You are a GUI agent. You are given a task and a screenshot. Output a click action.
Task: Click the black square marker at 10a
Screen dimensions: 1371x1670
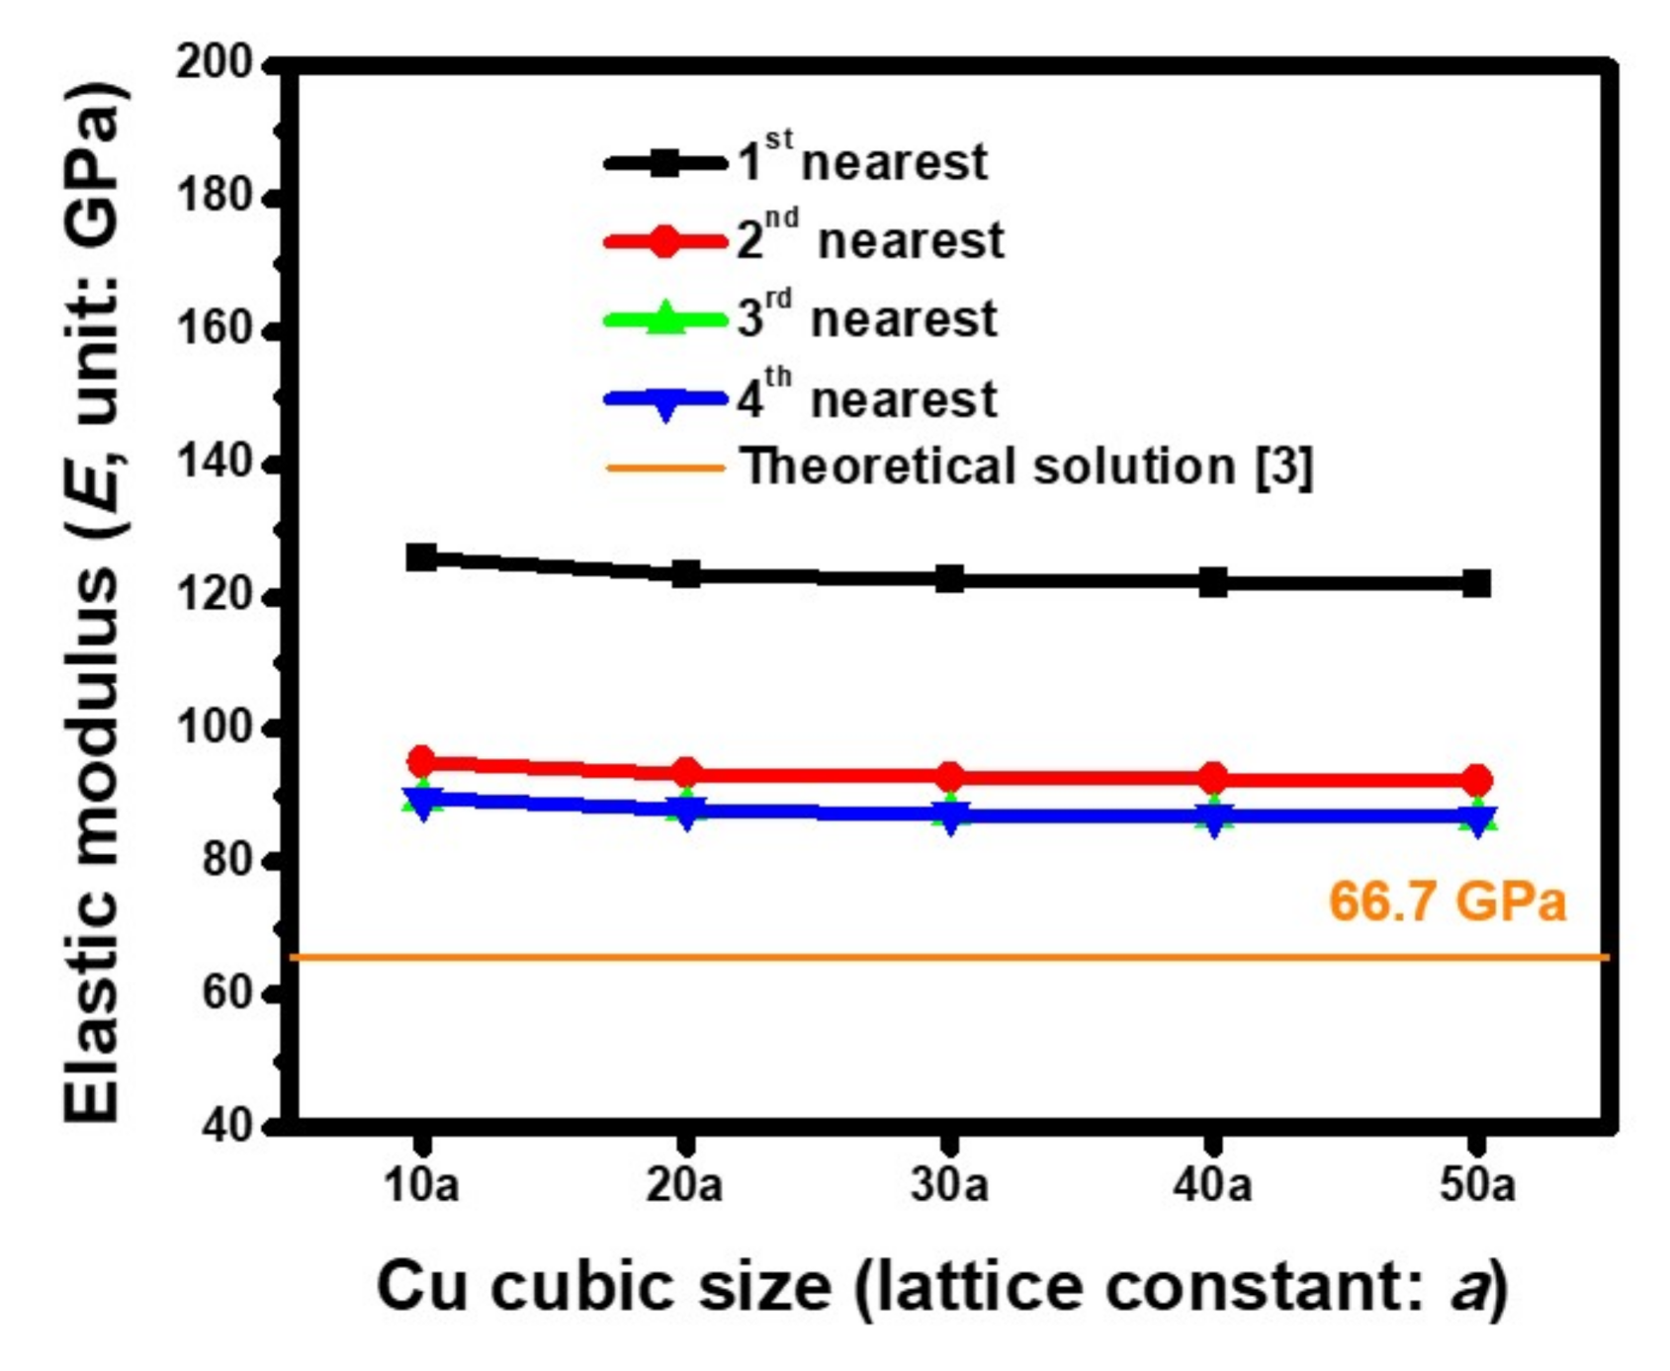click(x=422, y=557)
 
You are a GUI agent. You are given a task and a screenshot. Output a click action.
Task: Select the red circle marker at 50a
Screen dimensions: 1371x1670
click(x=1476, y=781)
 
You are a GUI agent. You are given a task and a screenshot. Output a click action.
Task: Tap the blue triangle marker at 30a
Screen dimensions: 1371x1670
click(x=949, y=816)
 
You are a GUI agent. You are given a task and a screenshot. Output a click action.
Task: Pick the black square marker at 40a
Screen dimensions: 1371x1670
click(x=1213, y=582)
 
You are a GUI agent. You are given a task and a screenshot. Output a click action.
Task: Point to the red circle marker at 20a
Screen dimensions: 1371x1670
click(x=686, y=773)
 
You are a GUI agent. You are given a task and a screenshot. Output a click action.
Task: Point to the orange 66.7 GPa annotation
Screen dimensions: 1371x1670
click(x=1447, y=901)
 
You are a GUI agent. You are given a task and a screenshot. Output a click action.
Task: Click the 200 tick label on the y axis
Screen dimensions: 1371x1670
click(x=214, y=63)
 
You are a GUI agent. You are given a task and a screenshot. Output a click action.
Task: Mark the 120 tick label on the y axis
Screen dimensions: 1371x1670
click(x=214, y=596)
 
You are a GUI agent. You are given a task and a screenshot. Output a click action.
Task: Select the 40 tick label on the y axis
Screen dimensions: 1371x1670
click(x=226, y=1126)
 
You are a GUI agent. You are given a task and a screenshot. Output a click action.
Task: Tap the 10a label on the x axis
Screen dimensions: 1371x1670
click(x=422, y=1184)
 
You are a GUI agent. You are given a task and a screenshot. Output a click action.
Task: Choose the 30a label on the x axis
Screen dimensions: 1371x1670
click(x=949, y=1184)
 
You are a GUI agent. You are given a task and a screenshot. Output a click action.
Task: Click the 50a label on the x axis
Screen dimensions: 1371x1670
click(x=1476, y=1184)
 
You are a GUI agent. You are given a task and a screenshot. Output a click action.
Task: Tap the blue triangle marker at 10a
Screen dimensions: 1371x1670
click(x=422, y=802)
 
